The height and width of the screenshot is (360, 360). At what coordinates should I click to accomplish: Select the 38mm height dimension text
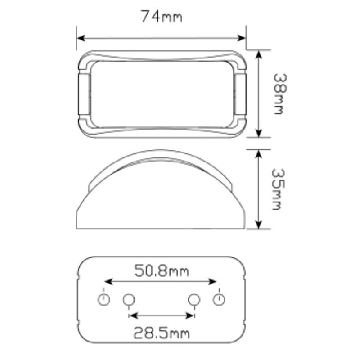click(279, 94)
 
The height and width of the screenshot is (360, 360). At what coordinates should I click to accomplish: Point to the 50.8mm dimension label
click(162, 271)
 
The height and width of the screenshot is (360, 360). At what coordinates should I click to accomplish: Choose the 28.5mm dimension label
click(162, 333)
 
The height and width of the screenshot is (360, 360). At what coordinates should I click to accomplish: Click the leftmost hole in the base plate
click(104, 299)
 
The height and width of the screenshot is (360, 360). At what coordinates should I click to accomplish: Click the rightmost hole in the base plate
click(219, 299)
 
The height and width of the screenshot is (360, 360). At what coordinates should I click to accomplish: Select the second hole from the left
click(129, 299)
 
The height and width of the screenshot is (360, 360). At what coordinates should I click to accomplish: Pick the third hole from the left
click(194, 299)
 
